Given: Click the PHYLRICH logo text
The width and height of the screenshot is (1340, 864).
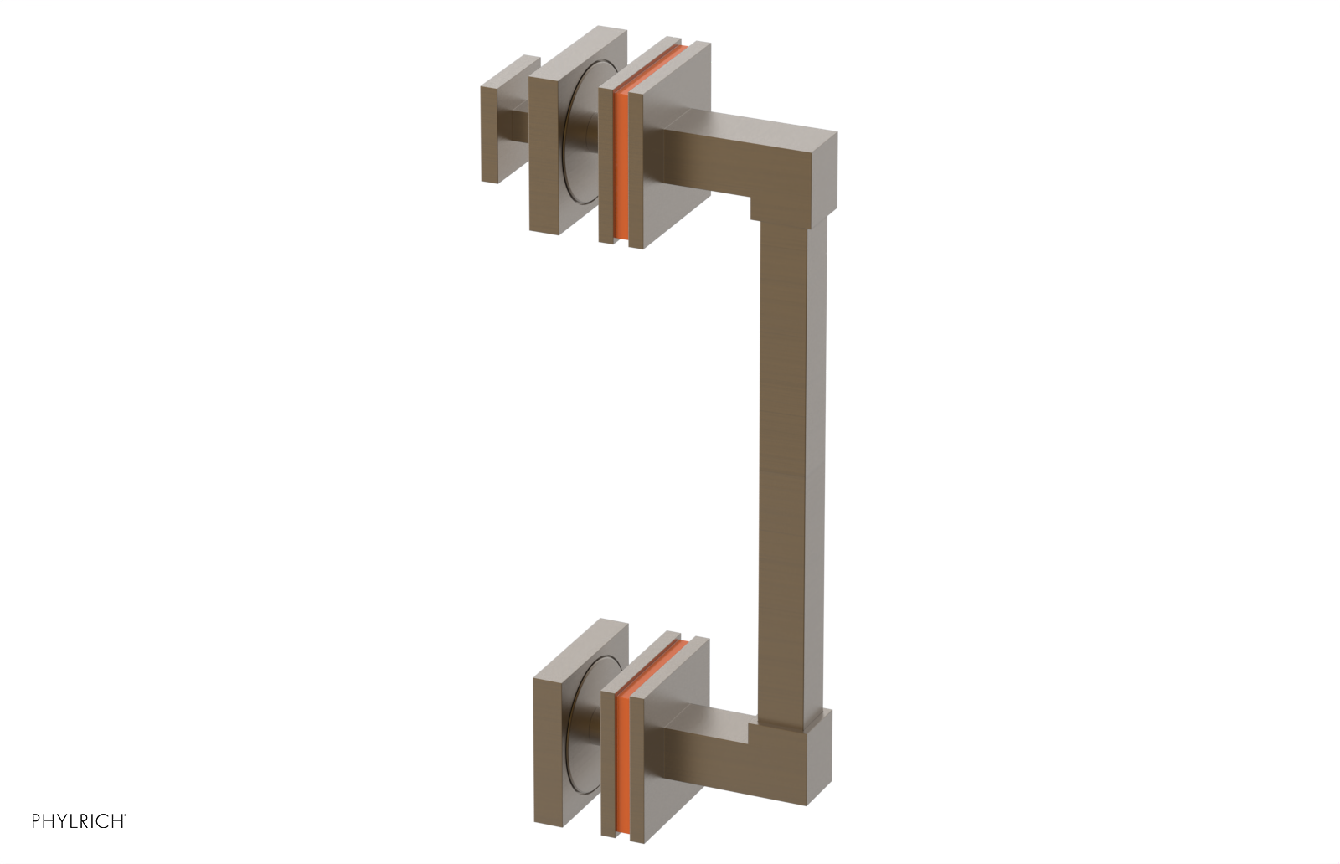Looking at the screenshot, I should (x=79, y=821).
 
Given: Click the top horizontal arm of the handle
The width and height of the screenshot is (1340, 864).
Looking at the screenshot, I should (x=737, y=151).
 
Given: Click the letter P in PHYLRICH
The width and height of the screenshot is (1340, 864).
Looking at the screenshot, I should (x=36, y=821).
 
